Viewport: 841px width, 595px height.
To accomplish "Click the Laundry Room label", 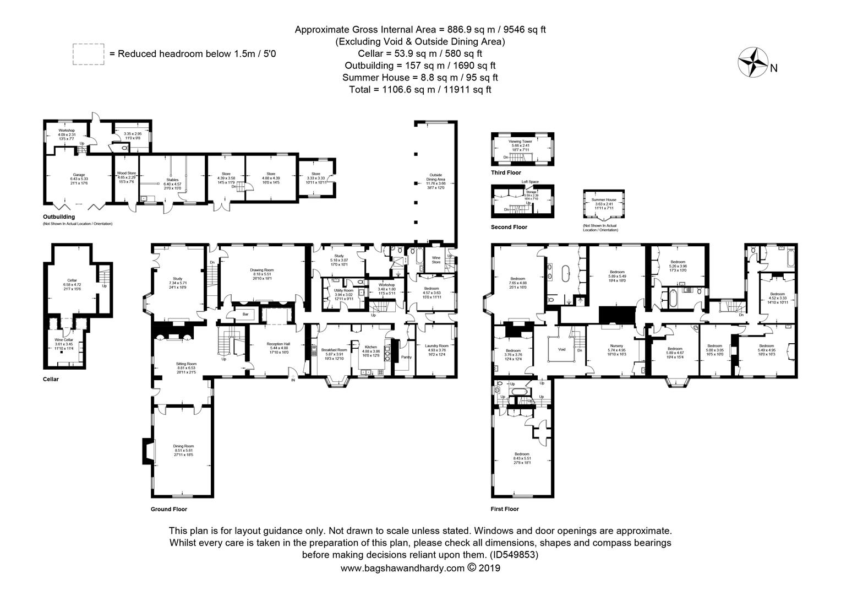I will (x=436, y=346).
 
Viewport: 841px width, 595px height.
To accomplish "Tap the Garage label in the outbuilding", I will (x=79, y=175).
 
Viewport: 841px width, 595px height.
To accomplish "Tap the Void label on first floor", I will (x=561, y=349).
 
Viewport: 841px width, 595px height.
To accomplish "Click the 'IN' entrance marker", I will (x=293, y=380).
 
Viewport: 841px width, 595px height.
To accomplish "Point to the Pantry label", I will (x=406, y=357).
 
